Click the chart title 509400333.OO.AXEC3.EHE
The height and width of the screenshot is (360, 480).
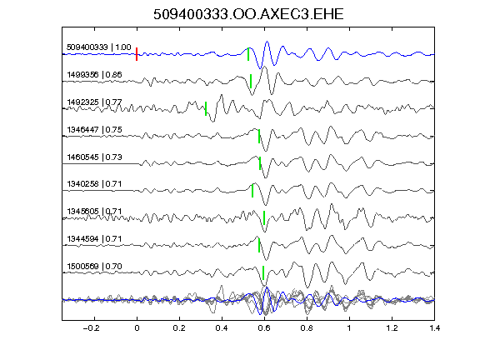[x=248, y=14]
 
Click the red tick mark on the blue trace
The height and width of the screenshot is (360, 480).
[x=137, y=54]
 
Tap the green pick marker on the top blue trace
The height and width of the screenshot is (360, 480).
[x=248, y=54]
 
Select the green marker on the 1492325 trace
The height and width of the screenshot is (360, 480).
[x=206, y=108]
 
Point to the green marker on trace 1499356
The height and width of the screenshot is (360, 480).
[x=251, y=81]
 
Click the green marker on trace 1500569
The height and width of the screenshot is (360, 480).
[x=263, y=272]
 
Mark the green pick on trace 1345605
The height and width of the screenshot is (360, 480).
[x=264, y=218]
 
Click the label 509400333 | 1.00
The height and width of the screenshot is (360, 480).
[x=99, y=47]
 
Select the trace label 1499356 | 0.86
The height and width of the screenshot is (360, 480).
[x=95, y=74]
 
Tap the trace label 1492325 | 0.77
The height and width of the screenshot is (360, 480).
[x=95, y=102]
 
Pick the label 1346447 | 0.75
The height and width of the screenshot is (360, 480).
[x=95, y=129]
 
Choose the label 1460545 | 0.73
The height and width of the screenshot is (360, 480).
[x=95, y=157]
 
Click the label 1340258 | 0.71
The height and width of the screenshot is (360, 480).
[x=95, y=183]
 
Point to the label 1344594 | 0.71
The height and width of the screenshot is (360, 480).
[x=95, y=238]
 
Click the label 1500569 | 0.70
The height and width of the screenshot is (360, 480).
[x=95, y=266]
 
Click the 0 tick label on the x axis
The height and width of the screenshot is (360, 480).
[x=137, y=328]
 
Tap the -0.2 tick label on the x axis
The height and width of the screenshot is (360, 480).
[x=92, y=328]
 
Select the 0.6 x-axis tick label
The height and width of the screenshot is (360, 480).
[x=264, y=328]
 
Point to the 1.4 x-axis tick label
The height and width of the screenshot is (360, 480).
[x=434, y=328]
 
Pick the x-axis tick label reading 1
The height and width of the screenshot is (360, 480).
[x=349, y=328]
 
